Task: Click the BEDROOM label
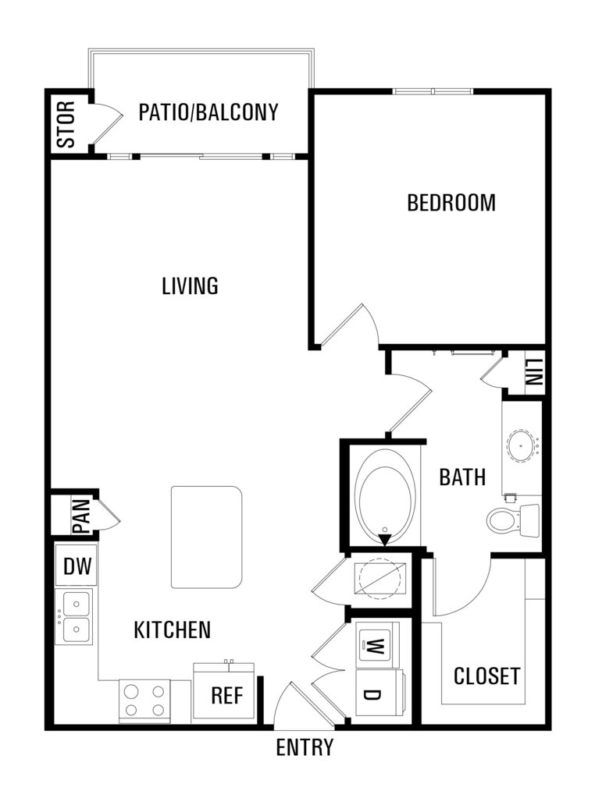(451, 203)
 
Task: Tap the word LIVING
(190, 286)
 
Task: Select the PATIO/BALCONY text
(208, 112)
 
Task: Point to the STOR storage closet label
(66, 125)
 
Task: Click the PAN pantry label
(81, 516)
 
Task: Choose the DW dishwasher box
(77, 566)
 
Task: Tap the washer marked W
(377, 645)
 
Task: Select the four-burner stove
(145, 700)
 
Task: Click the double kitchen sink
(74, 617)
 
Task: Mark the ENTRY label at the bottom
(305, 747)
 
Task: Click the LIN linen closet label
(534, 372)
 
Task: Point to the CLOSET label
(487, 676)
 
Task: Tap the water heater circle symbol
(379, 578)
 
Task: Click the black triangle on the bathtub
(385, 540)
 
